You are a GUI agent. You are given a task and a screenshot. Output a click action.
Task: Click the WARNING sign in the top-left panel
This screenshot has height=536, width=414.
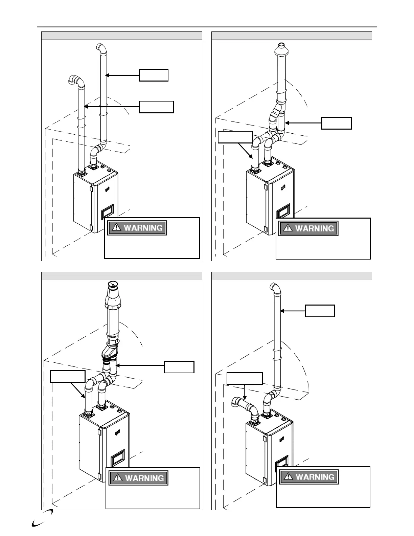coord(137,228)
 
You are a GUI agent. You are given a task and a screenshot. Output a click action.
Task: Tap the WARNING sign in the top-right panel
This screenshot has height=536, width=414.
coord(308,228)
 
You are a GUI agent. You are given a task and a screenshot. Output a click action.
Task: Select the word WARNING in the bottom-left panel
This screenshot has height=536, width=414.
coord(144,478)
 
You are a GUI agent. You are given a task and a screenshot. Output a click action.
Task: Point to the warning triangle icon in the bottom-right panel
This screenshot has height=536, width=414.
coord(288,477)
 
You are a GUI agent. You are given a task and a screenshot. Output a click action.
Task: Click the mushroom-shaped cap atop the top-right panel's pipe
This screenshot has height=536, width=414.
coord(281,50)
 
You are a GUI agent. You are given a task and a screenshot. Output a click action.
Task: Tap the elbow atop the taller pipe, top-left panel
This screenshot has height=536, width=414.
coord(101,49)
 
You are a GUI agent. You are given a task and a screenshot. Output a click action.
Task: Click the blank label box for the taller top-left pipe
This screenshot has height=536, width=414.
coord(154,75)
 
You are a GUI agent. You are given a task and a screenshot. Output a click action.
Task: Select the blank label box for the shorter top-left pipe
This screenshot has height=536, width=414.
coord(157,107)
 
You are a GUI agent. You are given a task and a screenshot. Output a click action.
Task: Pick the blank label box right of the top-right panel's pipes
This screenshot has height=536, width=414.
coord(336,123)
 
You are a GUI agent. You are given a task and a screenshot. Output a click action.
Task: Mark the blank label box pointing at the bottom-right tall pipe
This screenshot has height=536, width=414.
coord(320,311)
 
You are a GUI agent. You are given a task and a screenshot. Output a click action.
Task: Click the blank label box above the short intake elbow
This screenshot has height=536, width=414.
coord(244,378)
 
